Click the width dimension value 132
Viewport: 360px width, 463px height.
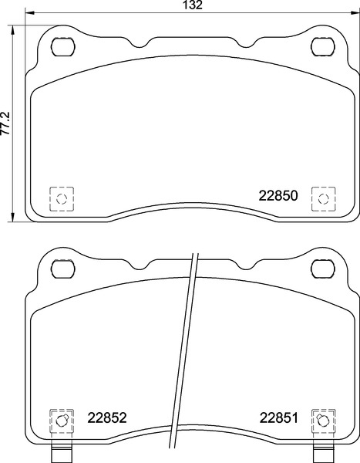[x=193, y=5]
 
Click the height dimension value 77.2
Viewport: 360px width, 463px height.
[x=5, y=123]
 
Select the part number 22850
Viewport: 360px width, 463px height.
[x=278, y=195]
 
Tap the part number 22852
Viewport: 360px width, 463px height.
[x=107, y=417]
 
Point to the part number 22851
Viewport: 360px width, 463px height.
[x=279, y=417]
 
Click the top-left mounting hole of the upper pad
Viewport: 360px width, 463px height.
[x=63, y=46]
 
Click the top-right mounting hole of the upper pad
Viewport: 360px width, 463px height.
[x=324, y=46]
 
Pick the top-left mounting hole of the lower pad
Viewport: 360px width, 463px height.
[x=63, y=269]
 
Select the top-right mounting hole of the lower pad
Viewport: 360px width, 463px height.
[x=324, y=269]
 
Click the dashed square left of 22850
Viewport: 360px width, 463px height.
[x=62, y=199]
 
